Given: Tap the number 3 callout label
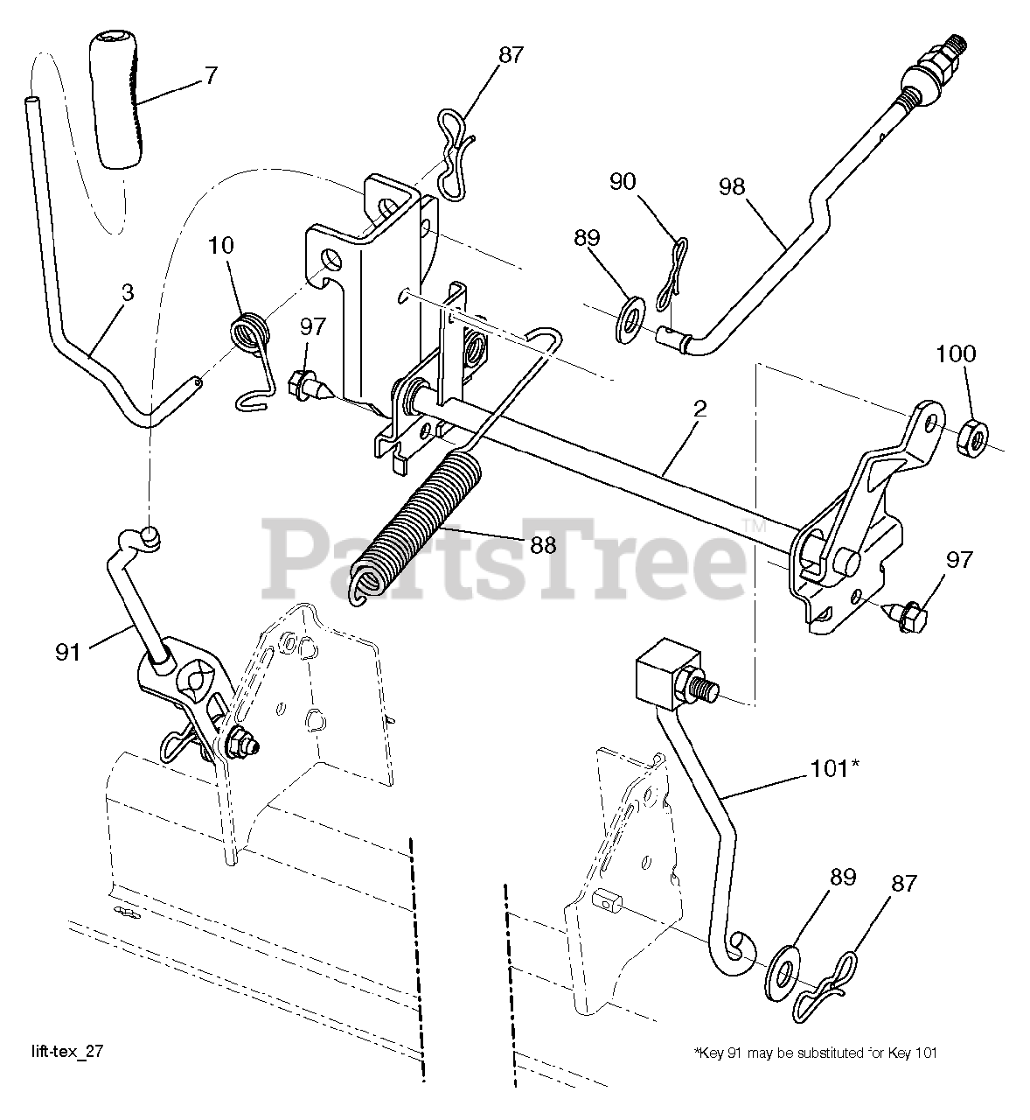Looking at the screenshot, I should click(x=128, y=292).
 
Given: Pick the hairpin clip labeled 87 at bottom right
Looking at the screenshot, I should click(x=827, y=984).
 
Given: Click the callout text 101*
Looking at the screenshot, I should click(x=832, y=768).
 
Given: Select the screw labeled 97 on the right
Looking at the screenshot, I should click(x=906, y=616).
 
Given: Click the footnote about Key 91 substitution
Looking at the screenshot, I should click(x=815, y=1053).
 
